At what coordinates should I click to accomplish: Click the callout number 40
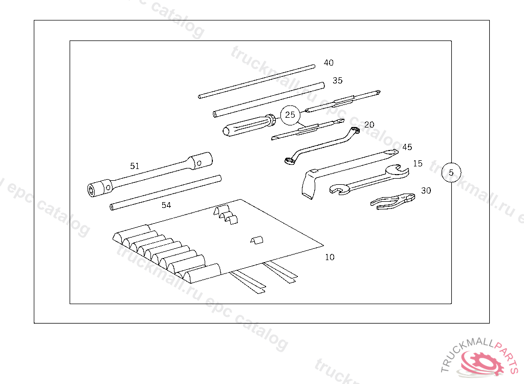pyautogui.click(x=329, y=62)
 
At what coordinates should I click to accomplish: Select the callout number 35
pyautogui.click(x=338, y=80)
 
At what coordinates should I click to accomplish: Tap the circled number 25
pyautogui.click(x=290, y=115)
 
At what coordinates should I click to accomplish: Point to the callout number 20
pyautogui.click(x=369, y=124)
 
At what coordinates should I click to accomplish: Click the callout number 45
pyautogui.click(x=407, y=147)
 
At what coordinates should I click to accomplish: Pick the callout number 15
pyautogui.click(x=418, y=163)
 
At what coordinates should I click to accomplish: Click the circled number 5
pyautogui.click(x=451, y=173)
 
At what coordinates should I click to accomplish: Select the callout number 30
pyautogui.click(x=426, y=190)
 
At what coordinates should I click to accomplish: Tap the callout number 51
pyautogui.click(x=135, y=166)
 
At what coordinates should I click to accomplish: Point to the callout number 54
pyautogui.click(x=166, y=205)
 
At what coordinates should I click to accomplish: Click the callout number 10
pyautogui.click(x=330, y=257)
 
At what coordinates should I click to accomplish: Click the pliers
pyautogui.click(x=394, y=201)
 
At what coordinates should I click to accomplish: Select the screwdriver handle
pyautogui.click(x=249, y=125)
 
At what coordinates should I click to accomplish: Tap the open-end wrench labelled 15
pyautogui.click(x=369, y=180)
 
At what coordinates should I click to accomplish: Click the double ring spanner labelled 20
pyautogui.click(x=321, y=146)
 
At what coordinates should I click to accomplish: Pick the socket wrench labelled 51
pyautogui.click(x=150, y=174)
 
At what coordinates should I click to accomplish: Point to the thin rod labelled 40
pyautogui.click(x=257, y=81)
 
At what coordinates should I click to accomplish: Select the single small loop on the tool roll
pyautogui.click(x=257, y=240)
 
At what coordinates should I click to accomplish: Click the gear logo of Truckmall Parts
pyautogui.click(x=483, y=363)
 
